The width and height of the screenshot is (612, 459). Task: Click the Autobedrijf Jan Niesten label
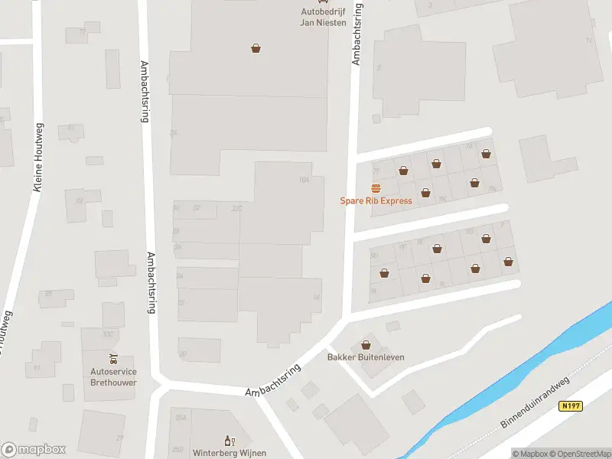(322, 17)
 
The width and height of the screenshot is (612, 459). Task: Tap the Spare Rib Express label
(376, 201)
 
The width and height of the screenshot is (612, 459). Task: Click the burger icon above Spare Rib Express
(376, 188)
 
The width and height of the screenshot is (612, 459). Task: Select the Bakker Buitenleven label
(366, 357)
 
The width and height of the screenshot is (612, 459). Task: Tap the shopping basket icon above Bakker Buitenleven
(366, 345)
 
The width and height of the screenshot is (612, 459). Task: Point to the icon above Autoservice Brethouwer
(113, 360)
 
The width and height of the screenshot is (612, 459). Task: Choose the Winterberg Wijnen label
(229, 453)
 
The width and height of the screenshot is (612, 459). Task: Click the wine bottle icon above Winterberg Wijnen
(228, 441)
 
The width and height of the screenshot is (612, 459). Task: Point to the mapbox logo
(34, 450)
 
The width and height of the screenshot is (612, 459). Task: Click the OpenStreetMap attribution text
(578, 454)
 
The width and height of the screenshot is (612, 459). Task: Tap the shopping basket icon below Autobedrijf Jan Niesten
(256, 48)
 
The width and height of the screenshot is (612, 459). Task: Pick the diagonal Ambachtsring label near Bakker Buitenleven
(272, 380)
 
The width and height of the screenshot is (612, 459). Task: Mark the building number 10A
(304, 180)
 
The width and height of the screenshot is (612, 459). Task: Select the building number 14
(316, 297)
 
